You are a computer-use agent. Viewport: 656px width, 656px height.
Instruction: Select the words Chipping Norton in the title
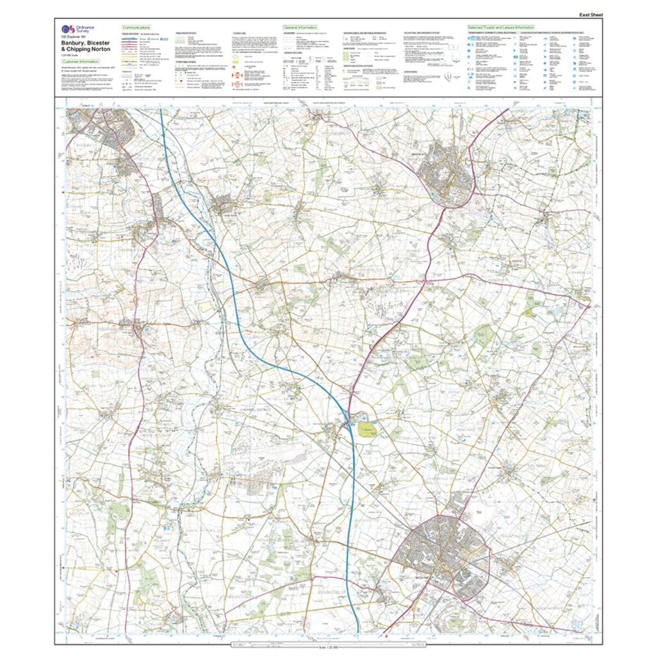coord(91,49)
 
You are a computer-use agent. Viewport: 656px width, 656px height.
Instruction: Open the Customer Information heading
coord(81,61)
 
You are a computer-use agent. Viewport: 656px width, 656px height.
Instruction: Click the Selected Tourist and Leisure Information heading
coord(501,28)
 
